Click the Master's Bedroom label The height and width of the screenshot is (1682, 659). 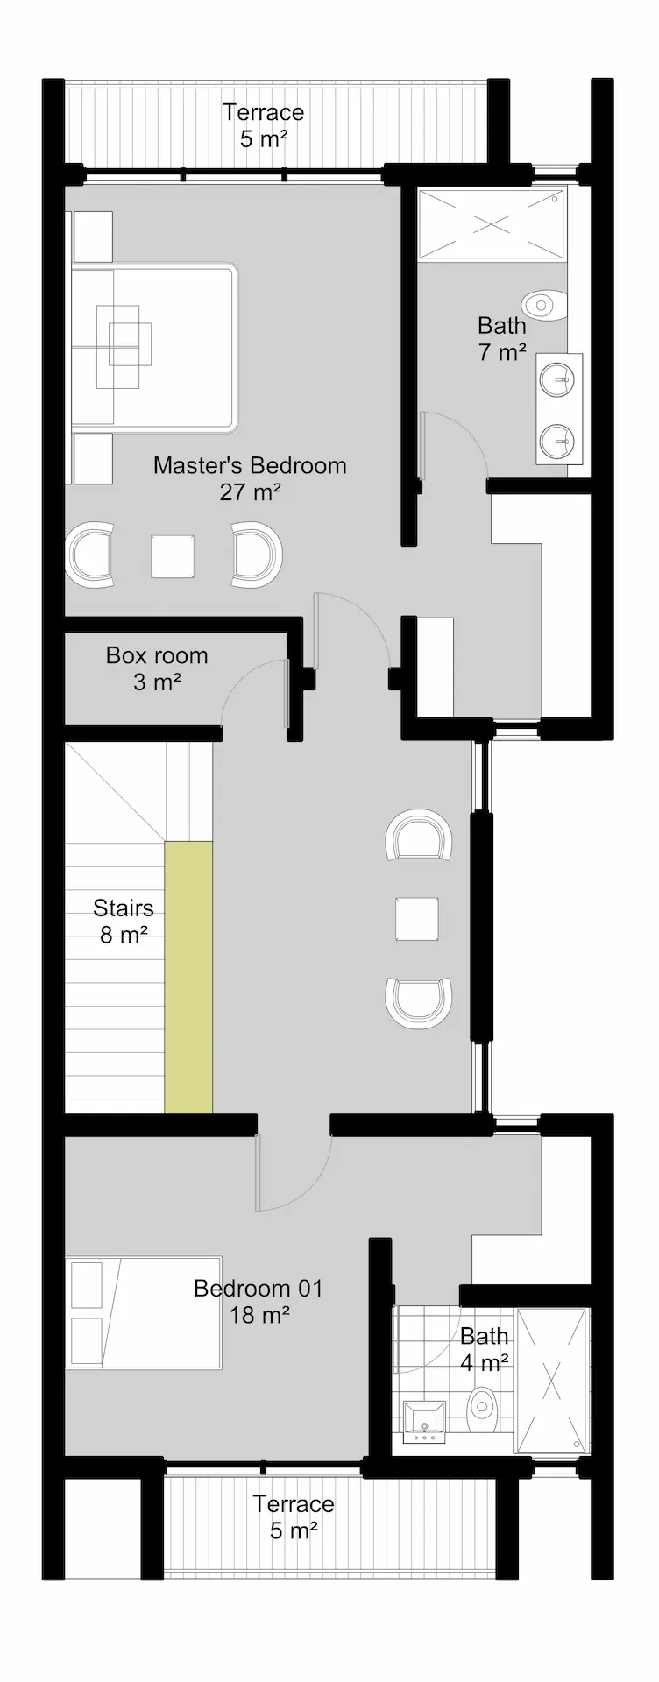pos(250,478)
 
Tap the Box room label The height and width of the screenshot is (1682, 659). pos(157,668)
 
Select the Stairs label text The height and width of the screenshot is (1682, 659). pos(124,921)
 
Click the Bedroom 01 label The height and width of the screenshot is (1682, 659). pos(259,1301)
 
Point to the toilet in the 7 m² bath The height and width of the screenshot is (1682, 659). pos(543,305)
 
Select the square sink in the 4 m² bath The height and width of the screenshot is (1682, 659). pos(425,1421)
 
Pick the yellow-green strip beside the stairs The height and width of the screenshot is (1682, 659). pos(188,977)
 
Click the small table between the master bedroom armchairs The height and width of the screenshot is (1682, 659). pos(173,555)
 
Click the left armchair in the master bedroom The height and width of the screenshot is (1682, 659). pos(91,555)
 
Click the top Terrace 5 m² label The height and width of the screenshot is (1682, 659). pos(264,125)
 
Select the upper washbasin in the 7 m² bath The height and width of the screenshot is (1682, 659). pos(559,378)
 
